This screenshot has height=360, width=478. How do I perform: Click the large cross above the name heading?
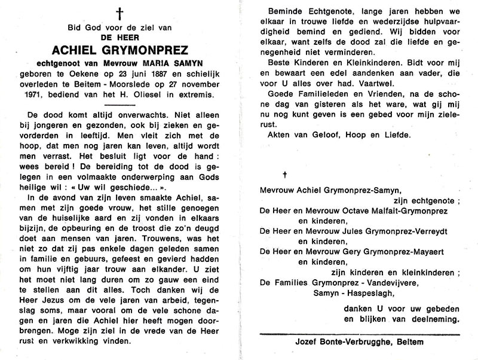point(120,14)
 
